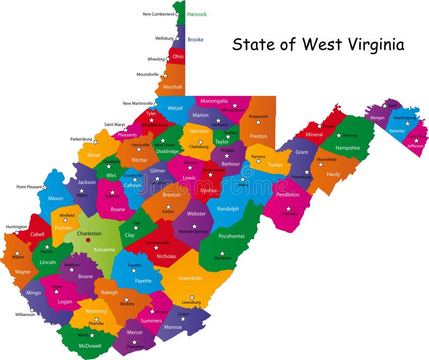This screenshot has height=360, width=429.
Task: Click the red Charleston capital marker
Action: (x=88, y=240)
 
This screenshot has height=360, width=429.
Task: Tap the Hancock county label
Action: (x=197, y=14)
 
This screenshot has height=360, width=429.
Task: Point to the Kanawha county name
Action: (x=104, y=249)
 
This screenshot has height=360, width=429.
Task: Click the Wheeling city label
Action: (x=156, y=59)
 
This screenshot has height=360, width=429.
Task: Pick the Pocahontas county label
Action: (x=231, y=236)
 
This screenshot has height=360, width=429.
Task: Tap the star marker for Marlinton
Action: (x=221, y=253)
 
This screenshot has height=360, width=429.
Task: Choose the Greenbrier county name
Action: (x=191, y=278)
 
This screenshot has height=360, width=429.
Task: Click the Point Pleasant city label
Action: (x=28, y=187)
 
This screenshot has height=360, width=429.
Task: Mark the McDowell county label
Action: (x=90, y=346)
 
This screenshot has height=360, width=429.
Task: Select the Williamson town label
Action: (x=25, y=314)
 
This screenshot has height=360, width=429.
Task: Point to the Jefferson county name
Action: (x=416, y=145)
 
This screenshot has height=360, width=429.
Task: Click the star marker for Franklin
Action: (x=289, y=209)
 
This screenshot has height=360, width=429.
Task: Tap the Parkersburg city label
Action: (x=81, y=139)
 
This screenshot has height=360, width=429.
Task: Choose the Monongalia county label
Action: (x=214, y=100)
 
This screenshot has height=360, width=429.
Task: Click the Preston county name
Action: (x=258, y=136)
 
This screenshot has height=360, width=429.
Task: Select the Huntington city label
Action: (x=16, y=227)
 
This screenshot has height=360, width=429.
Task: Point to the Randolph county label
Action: (x=228, y=209)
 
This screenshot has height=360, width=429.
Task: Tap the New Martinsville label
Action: (x=138, y=104)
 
